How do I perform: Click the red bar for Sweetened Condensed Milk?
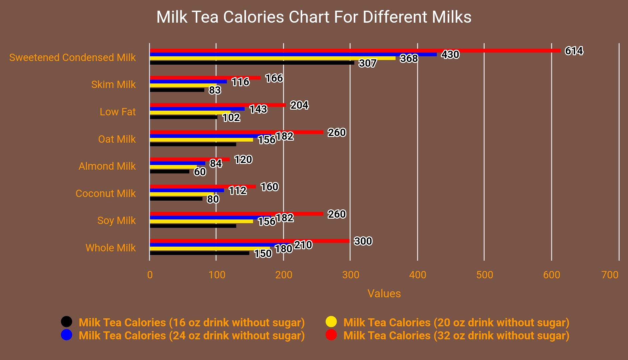[x=355, y=51]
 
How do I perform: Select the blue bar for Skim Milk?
[x=188, y=82]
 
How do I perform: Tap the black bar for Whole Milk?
[x=199, y=253]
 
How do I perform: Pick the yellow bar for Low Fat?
[x=190, y=113]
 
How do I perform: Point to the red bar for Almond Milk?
[x=189, y=159]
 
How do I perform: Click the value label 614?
[x=574, y=51]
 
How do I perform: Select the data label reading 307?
[x=367, y=63]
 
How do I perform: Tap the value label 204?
[x=299, y=105]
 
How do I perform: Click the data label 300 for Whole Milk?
[x=363, y=241]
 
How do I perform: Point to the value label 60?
[x=200, y=172]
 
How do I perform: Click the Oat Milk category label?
[x=117, y=139]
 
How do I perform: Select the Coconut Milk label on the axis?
[x=105, y=193]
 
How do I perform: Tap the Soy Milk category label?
[x=116, y=220]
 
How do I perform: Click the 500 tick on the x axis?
[x=484, y=275]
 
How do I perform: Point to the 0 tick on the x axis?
[x=150, y=275]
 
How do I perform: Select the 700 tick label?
[x=610, y=275]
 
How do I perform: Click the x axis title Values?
[x=384, y=293]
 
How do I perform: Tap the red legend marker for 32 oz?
[x=331, y=335]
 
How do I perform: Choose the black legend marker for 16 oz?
[x=67, y=322]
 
